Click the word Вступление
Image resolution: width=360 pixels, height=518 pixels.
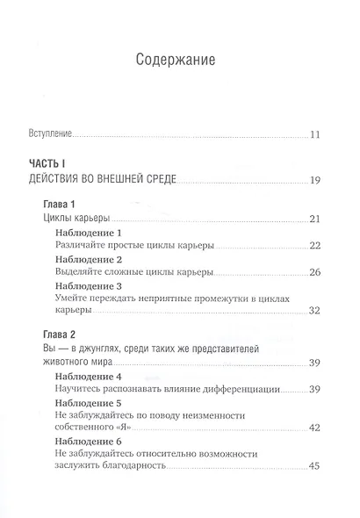coord(47,135)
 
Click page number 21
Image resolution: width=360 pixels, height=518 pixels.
coord(319,219)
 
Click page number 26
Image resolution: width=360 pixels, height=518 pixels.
coord(319,273)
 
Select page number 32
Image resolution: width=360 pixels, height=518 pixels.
coord(319,311)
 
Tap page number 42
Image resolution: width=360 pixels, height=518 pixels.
coord(319,429)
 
